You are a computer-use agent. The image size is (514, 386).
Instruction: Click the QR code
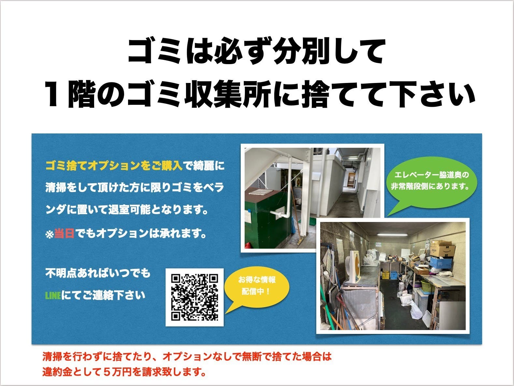click(x=194, y=297)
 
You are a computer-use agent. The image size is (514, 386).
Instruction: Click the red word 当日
click(x=64, y=234)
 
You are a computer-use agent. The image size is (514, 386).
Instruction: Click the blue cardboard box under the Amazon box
click(x=440, y=262)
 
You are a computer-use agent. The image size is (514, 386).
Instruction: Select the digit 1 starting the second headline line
click(x=53, y=95)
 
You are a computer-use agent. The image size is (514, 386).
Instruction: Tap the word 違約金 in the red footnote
click(x=58, y=371)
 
